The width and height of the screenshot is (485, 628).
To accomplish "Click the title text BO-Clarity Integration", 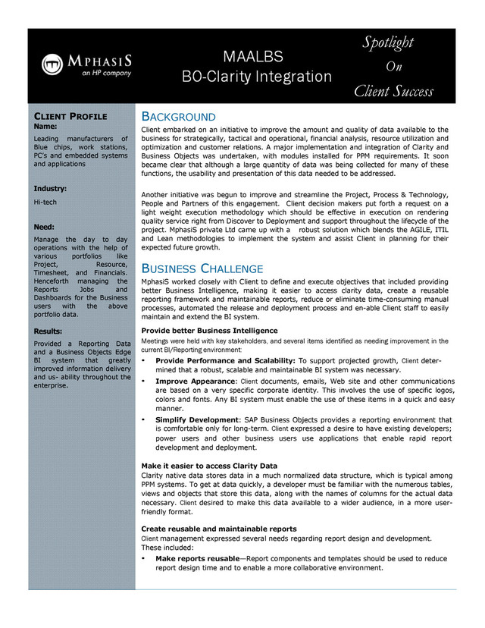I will coord(257,77).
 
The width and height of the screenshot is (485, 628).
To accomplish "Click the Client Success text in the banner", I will coord(393,92).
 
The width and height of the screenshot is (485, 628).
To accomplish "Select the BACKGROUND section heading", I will coord(179,117).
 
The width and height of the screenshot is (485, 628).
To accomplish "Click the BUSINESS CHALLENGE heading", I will coord(202,268).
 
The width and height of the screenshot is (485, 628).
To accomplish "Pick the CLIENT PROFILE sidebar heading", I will coord(70,116).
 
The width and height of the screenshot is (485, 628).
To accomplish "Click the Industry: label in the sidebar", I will coord(50,187).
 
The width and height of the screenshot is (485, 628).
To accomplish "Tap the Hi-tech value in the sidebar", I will coord(45,203).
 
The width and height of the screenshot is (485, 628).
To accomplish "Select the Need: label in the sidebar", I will coord(45,226).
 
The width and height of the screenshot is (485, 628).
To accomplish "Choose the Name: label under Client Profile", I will coord(46,126).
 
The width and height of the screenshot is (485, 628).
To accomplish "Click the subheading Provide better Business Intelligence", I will coord(209,331).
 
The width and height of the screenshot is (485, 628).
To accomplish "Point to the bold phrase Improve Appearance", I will coord(196,380).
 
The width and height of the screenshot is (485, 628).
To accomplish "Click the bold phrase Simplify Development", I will coord(197,419).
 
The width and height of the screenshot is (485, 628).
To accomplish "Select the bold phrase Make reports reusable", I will coord(197,558).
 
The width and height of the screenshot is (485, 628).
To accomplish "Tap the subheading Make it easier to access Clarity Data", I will coord(209,465).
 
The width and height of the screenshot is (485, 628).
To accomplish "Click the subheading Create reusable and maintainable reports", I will coord(219,528).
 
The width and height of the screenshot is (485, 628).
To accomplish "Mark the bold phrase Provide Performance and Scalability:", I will coord(225,360).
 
